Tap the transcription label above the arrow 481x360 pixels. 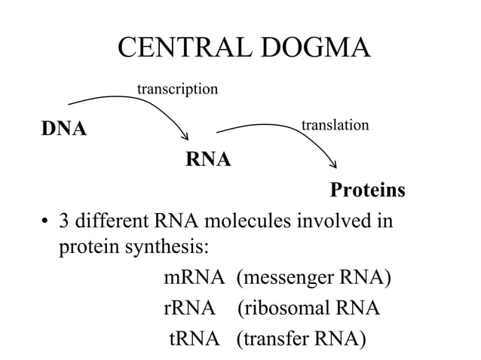(177, 90)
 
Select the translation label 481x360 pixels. (335, 124)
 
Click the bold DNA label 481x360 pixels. (64, 129)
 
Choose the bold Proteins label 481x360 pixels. (367, 191)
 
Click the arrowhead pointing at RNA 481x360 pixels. (185, 136)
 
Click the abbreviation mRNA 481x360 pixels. (194, 279)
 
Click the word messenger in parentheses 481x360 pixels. (287, 279)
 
